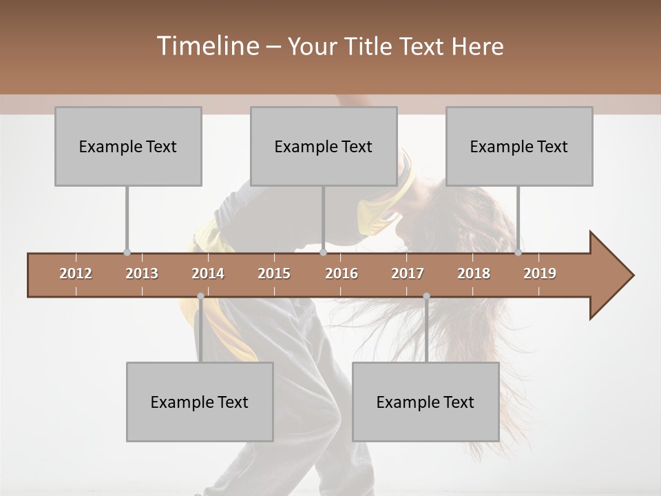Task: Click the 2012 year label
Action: pyautogui.click(x=76, y=273)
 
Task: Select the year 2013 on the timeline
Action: pyautogui.click(x=142, y=273)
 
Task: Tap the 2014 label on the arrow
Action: pyautogui.click(x=208, y=273)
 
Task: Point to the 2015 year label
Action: pyautogui.click(x=274, y=273)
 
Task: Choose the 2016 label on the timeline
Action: pyautogui.click(x=342, y=273)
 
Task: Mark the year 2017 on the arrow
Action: pyautogui.click(x=408, y=273)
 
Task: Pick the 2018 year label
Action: pyautogui.click(x=474, y=273)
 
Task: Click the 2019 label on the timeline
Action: pyautogui.click(x=540, y=273)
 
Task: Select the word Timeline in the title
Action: pyautogui.click(x=207, y=46)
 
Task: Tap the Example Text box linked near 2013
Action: pyautogui.click(x=128, y=146)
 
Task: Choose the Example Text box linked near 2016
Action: pyautogui.click(x=324, y=146)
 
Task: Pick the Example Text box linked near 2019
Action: pyautogui.click(x=519, y=146)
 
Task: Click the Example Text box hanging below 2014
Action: pyautogui.click(x=200, y=402)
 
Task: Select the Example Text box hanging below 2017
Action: pyautogui.click(x=426, y=402)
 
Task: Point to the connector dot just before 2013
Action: pyautogui.click(x=127, y=253)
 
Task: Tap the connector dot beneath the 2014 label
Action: pyautogui.click(x=200, y=296)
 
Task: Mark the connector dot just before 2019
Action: pyautogui.click(x=518, y=253)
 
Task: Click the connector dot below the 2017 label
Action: pyautogui.click(x=426, y=296)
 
